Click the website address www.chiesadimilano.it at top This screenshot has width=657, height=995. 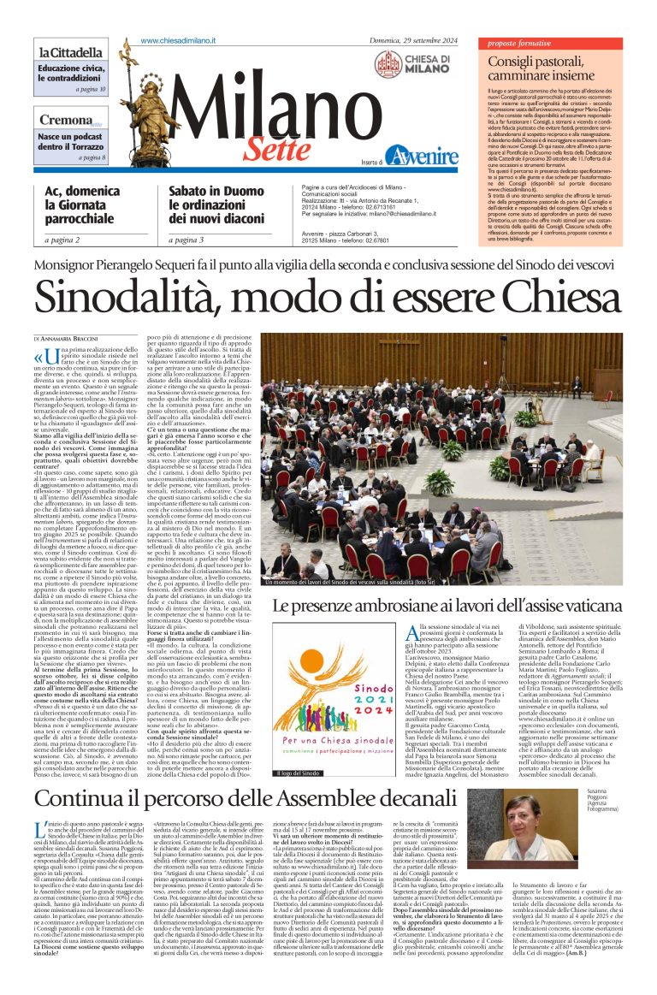pos(180,41)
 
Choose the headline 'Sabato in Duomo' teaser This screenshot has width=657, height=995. pos(211,204)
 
